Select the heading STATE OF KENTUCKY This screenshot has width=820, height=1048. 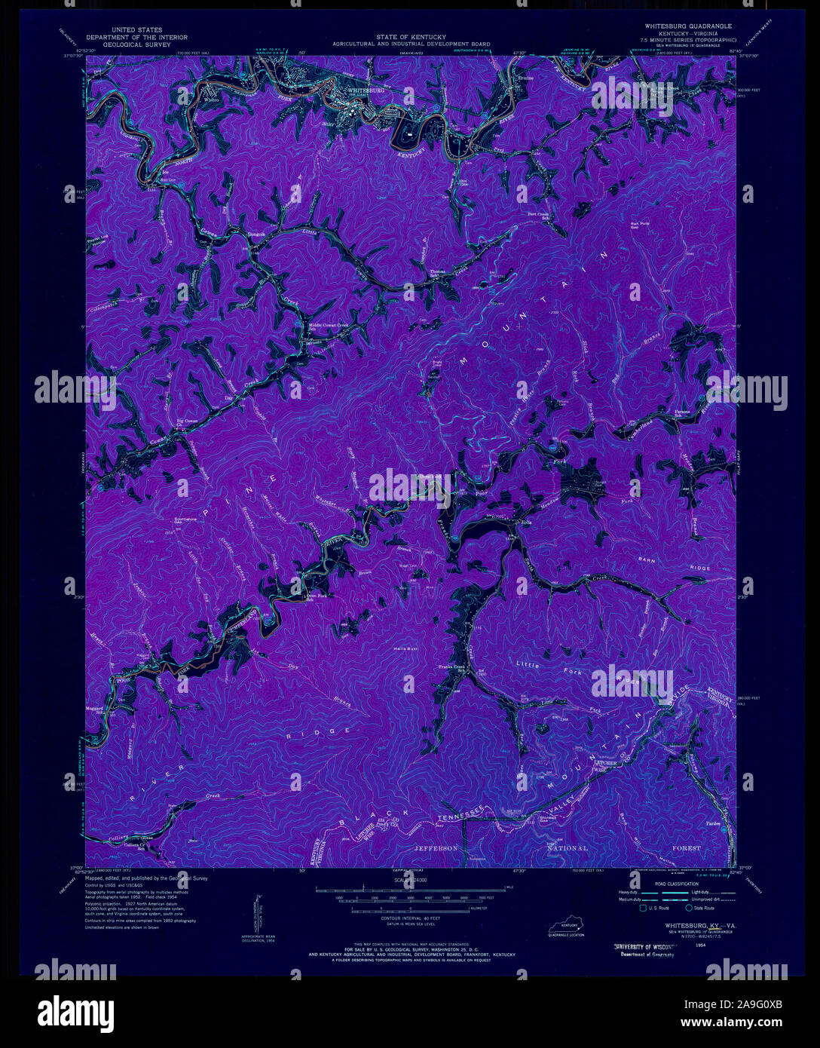(411, 36)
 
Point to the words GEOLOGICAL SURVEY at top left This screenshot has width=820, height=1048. (136, 44)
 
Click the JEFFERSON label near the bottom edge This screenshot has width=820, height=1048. (436, 848)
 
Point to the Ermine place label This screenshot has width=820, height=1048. (525, 78)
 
